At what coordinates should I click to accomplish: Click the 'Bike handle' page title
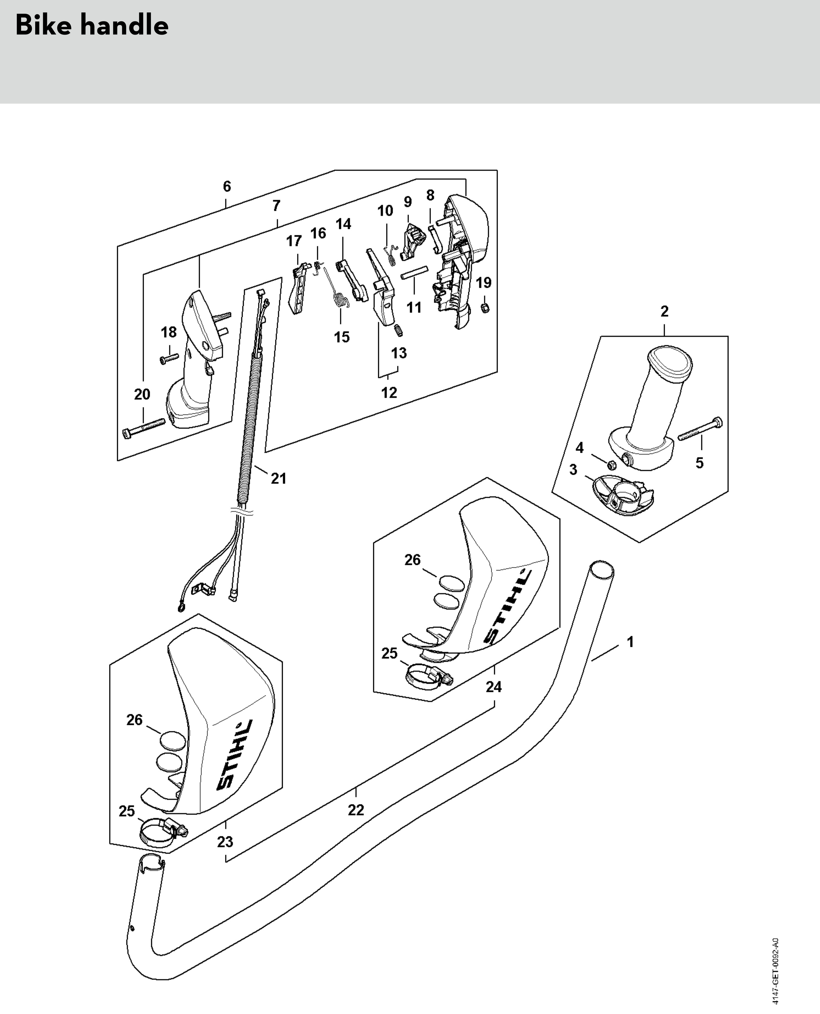92,26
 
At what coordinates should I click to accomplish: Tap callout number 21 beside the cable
279,479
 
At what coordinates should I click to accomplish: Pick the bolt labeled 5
700,429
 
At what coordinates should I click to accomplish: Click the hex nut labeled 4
610,464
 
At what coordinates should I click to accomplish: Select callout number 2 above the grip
664,312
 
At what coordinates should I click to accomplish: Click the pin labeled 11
414,273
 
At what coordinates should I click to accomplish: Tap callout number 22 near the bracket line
356,810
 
